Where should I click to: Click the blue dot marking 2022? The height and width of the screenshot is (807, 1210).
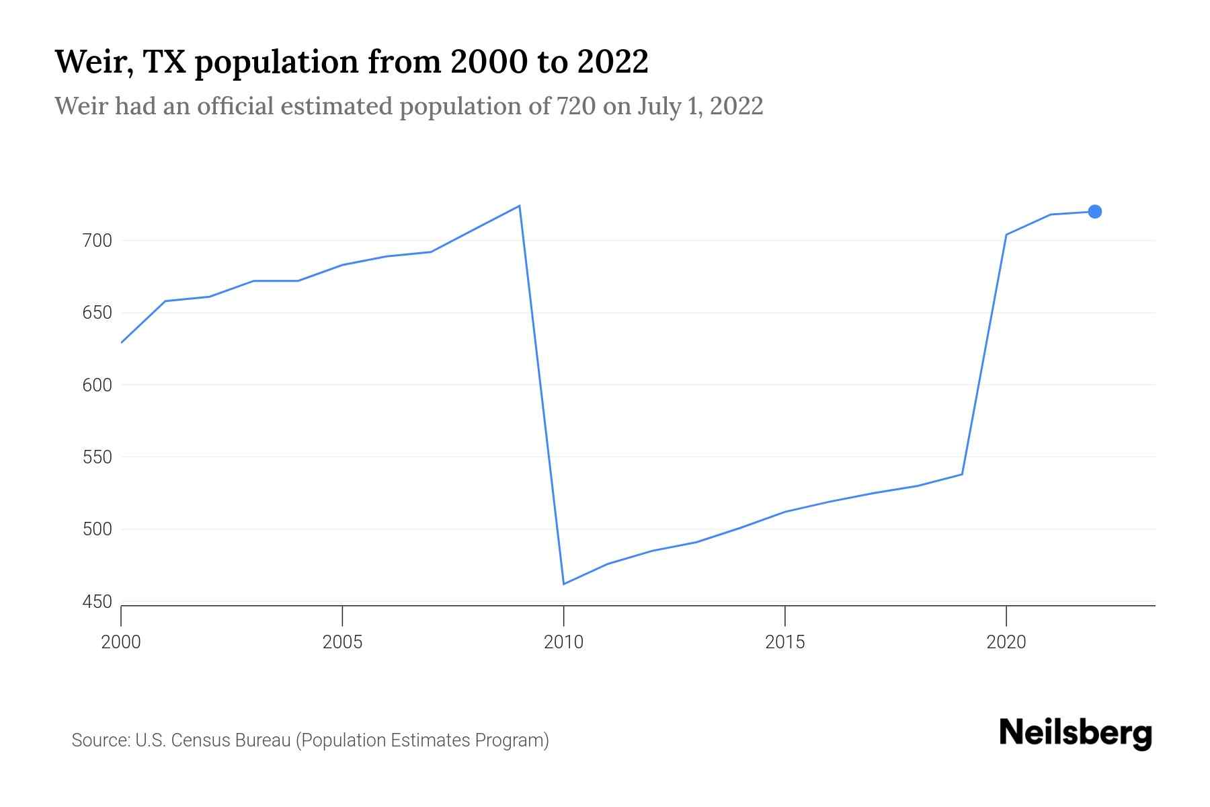(1094, 212)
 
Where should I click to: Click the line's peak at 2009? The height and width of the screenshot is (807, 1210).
(520, 206)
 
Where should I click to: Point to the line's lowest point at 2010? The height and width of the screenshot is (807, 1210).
(563, 584)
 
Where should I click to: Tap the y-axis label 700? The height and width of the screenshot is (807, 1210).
(97, 241)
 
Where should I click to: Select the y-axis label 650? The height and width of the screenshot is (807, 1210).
(97, 313)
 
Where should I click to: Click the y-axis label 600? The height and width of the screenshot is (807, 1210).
(97, 385)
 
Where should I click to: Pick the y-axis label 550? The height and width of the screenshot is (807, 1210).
(97, 457)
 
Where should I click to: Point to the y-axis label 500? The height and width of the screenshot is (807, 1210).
(97, 529)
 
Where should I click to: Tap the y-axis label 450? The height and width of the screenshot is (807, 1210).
(97, 602)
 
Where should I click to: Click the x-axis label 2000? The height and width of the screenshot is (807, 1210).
(121, 642)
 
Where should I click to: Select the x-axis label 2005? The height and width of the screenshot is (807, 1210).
(342, 642)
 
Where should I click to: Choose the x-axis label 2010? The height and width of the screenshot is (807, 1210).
(563, 642)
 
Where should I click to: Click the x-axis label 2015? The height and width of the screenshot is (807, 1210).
(784, 642)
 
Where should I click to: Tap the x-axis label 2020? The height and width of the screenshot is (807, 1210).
(1006, 642)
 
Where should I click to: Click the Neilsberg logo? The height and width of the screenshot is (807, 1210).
(1076, 733)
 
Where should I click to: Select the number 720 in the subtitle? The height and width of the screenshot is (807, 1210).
(576, 106)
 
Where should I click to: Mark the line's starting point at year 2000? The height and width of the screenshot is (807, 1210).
(122, 342)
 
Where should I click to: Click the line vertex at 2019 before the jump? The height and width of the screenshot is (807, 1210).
(962, 475)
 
